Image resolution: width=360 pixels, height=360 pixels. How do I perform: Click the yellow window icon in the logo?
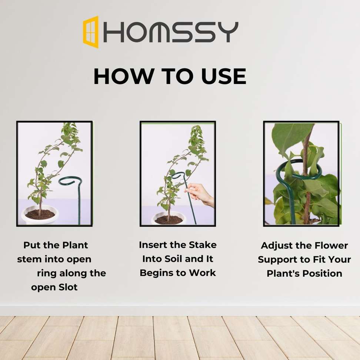click(91, 32)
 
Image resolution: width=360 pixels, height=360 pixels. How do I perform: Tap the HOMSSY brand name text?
click(171, 32)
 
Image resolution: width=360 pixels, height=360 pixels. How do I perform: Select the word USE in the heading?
click(224, 76)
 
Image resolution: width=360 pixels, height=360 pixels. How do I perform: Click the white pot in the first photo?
click(40, 215)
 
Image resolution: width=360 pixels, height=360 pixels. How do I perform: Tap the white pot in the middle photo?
click(169, 219)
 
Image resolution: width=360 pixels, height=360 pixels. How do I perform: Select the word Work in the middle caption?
click(202, 273)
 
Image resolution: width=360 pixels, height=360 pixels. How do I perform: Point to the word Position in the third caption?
click(322, 274)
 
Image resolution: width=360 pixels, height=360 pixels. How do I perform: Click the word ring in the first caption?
click(47, 274)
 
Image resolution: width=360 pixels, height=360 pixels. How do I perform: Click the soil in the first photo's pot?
click(40, 214)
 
